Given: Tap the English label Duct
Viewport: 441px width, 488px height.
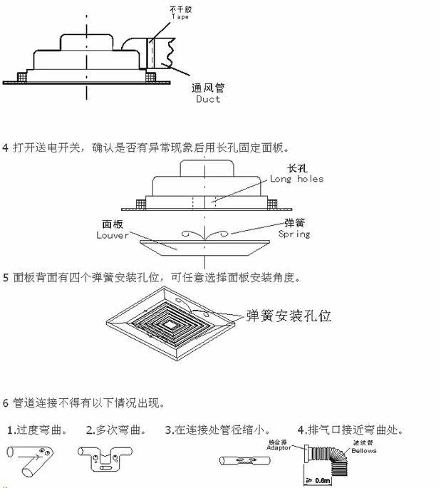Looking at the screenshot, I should [x=208, y=99].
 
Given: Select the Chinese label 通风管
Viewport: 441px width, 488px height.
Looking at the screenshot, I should [x=208, y=88].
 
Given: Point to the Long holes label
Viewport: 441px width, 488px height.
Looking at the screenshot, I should [x=297, y=179].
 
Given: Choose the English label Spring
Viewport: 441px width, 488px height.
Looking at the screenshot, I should [x=294, y=234].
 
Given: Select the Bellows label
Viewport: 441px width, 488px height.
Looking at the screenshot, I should [x=363, y=451].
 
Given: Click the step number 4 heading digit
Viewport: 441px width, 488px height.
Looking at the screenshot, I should [x=6, y=148].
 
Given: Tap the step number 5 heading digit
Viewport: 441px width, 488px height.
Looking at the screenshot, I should [x=6, y=277].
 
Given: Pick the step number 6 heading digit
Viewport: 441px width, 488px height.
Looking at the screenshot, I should [x=6, y=403].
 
